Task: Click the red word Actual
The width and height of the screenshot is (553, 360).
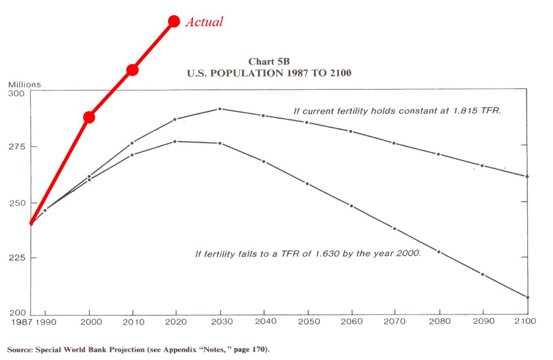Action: [204, 22]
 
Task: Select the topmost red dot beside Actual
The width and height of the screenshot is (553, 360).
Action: [174, 21]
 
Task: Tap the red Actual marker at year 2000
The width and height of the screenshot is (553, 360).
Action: [89, 117]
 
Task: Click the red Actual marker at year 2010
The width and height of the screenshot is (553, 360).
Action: [132, 70]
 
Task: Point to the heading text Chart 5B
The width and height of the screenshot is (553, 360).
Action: [269, 61]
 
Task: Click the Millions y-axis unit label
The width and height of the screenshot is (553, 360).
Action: [24, 84]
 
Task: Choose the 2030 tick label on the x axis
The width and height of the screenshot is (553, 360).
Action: [220, 321]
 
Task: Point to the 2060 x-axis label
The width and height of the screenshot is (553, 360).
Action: [351, 321]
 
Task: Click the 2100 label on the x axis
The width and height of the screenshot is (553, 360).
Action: [527, 321]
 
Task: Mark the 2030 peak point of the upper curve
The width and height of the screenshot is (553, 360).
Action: [220, 109]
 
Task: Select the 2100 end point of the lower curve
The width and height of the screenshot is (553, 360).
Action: [527, 297]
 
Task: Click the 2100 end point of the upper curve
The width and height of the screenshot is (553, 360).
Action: [527, 176]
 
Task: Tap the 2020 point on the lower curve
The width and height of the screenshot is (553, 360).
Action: [175, 141]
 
